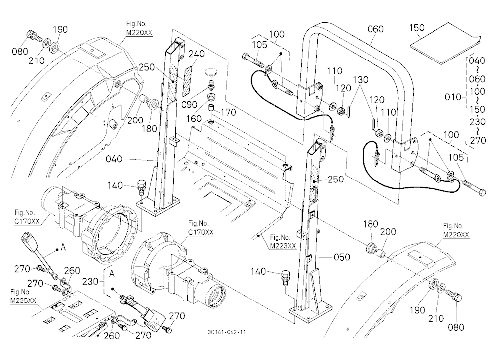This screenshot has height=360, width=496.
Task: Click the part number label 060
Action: tap(375, 29)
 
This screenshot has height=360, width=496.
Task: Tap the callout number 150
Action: tap(417, 28)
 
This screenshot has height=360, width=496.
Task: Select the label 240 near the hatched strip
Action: tap(197, 54)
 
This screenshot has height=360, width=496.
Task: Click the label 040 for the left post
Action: tap(114, 159)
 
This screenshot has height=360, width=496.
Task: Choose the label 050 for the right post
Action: tap(342, 257)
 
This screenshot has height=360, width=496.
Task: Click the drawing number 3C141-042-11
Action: tap(227, 332)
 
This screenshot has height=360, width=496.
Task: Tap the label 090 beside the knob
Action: tap(189, 105)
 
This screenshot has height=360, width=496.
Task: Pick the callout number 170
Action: tap(228, 112)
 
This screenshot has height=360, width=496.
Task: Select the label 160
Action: tap(194, 119)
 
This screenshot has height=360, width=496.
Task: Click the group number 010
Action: tap(453, 97)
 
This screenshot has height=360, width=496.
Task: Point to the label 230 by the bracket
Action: tap(90, 281)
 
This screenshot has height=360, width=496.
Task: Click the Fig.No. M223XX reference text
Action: tap(283, 241)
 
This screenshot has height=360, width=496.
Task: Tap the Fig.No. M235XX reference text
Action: tap(22, 296)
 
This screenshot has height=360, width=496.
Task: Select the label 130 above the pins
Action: tap(361, 80)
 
